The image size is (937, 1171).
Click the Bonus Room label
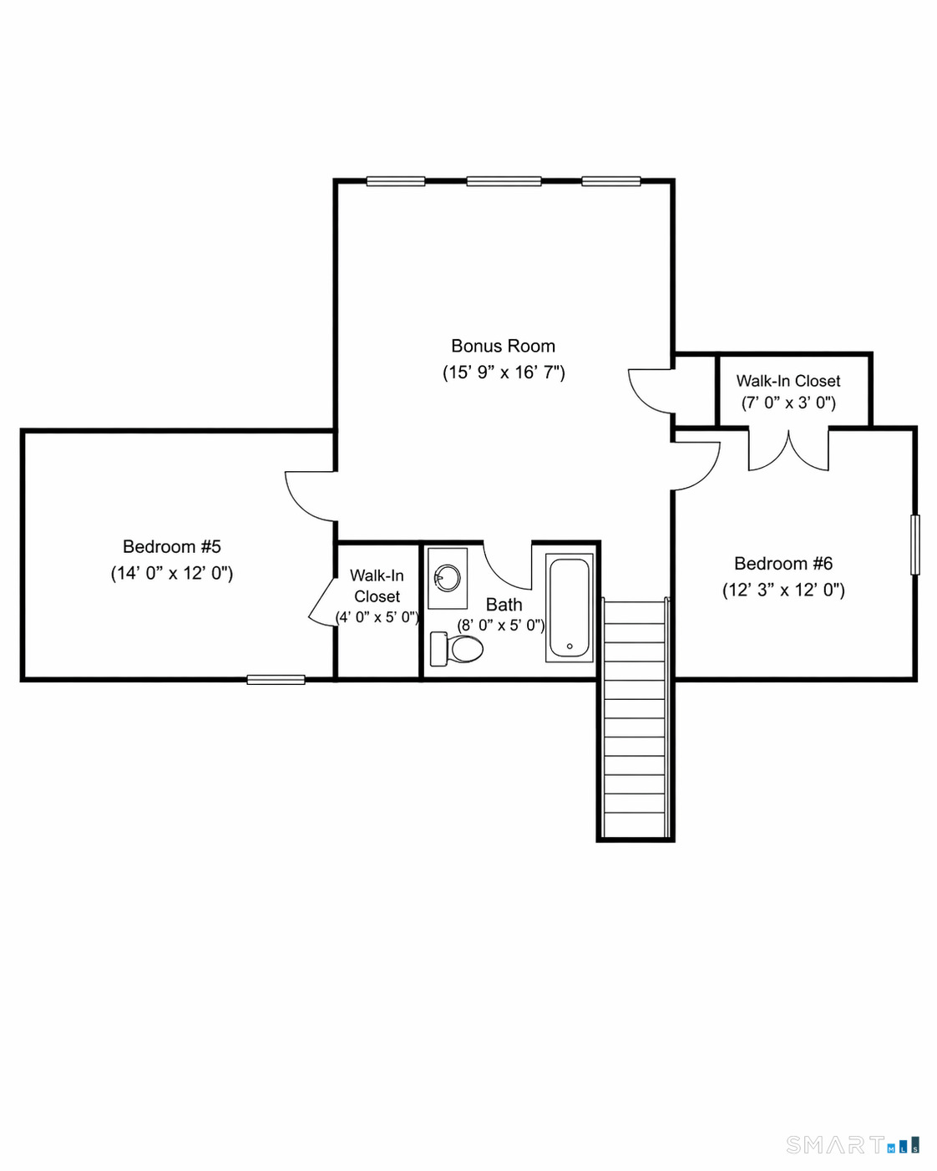coord(503,346)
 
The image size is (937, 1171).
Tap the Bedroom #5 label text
coord(172,546)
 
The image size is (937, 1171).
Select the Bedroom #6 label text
coord(783,563)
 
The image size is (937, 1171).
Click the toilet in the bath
coord(456,649)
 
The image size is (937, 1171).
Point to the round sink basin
coord(448,577)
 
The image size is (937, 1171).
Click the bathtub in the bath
coord(570,608)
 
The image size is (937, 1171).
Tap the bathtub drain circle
coord(570,646)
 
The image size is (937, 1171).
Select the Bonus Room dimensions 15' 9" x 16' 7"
coord(504,373)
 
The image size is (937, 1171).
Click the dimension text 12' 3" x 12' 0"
coord(783,591)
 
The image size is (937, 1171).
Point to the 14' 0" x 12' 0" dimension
coord(172,574)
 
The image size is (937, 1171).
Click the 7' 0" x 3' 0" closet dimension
coord(788,403)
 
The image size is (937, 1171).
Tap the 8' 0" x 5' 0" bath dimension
coord(500,626)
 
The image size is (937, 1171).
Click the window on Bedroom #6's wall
coord(915,545)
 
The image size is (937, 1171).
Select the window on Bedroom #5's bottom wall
coord(276,680)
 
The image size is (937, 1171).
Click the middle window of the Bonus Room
coord(504,181)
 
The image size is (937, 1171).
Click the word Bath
coord(504,605)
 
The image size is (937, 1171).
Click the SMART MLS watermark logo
coord(853,1145)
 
